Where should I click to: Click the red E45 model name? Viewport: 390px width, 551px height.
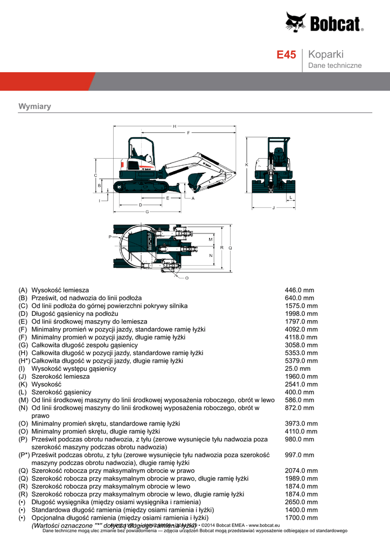[x=286, y=55]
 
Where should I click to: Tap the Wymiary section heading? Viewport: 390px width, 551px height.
[x=34, y=107]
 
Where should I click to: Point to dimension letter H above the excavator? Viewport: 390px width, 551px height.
[x=175, y=126]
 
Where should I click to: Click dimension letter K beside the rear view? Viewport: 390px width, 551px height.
[x=246, y=164]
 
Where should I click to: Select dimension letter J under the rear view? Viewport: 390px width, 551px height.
[x=274, y=207]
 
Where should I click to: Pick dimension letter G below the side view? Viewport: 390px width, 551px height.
[x=147, y=211]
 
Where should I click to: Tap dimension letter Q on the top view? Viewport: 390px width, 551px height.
[x=230, y=248]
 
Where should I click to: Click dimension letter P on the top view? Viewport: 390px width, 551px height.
[x=109, y=237]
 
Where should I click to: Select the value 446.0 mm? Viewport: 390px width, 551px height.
[x=299, y=290]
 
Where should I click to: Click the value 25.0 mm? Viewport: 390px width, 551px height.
[x=297, y=369]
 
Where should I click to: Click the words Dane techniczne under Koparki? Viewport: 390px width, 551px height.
[x=335, y=66]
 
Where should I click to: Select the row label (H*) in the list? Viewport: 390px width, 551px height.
[x=24, y=361]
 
